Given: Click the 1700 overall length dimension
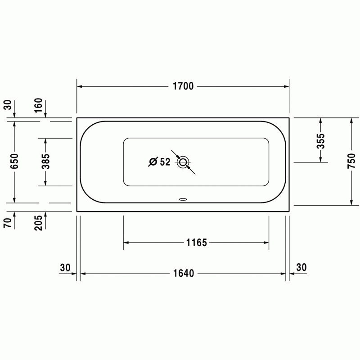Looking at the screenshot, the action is [183, 86].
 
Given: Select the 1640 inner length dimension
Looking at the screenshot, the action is [184, 274].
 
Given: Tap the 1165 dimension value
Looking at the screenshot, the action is [197, 243].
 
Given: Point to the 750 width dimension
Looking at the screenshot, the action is [351, 161].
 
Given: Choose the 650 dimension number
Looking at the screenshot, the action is [14, 161].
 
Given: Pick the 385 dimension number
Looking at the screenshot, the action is [45, 161].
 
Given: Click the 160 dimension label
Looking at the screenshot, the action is [38, 105].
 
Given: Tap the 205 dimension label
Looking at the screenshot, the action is [38, 223].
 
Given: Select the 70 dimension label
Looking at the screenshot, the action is [8, 223].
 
